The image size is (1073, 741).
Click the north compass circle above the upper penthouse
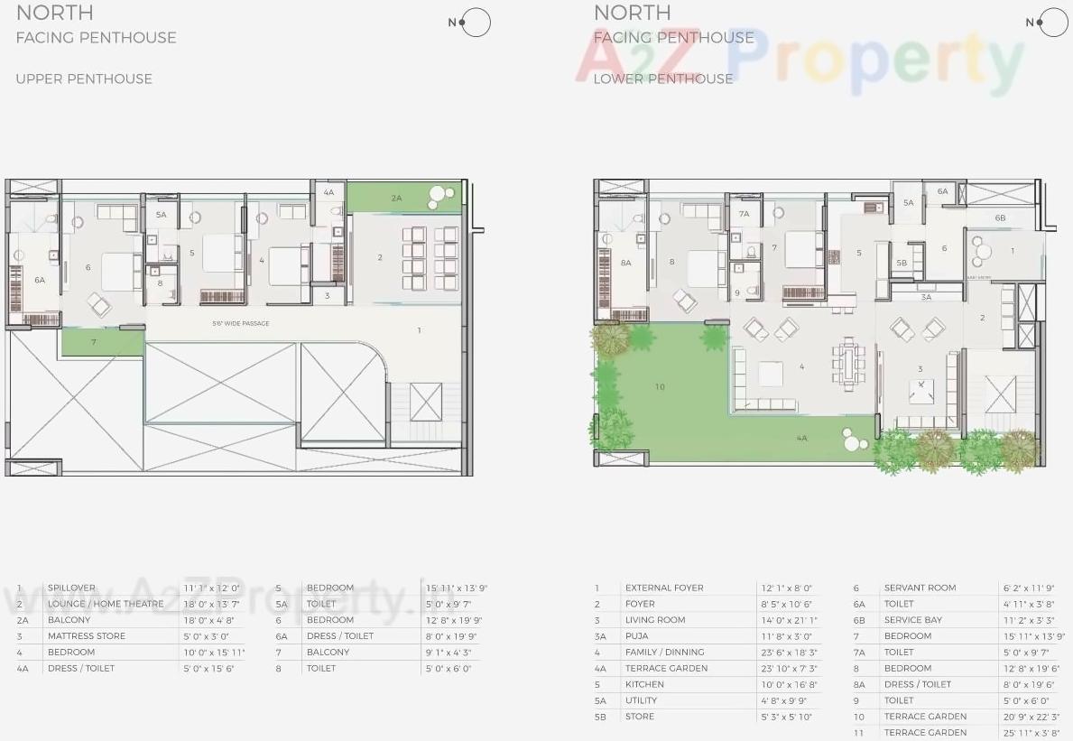[476, 23]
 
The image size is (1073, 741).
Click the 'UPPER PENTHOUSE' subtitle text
[84, 79]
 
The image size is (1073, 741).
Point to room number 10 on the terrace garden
[660, 387]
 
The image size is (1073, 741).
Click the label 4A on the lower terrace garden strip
[801, 438]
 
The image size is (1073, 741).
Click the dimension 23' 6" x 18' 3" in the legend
[788, 653]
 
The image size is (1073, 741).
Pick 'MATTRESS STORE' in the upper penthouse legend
[87, 636]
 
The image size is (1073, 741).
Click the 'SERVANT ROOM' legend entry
[920, 588]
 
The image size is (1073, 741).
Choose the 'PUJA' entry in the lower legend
[636, 636]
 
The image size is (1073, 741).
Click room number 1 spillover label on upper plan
[420, 330]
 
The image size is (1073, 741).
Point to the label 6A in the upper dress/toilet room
[40, 281]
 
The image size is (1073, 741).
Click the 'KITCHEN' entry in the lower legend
[644, 685]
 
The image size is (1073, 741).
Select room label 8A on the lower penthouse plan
[626, 263]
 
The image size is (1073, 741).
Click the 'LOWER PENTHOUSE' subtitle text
[663, 79]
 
